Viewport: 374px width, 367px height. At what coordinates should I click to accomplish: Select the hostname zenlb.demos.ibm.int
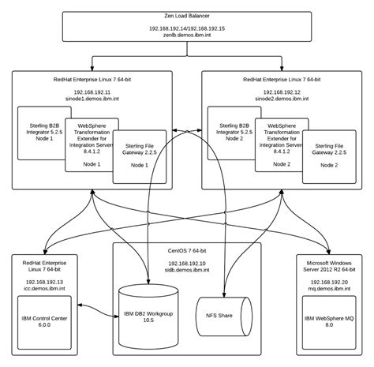(187, 36)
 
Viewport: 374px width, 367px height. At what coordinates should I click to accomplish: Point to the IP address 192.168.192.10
(187, 263)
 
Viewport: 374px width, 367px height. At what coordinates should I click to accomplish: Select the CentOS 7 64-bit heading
(187, 250)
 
